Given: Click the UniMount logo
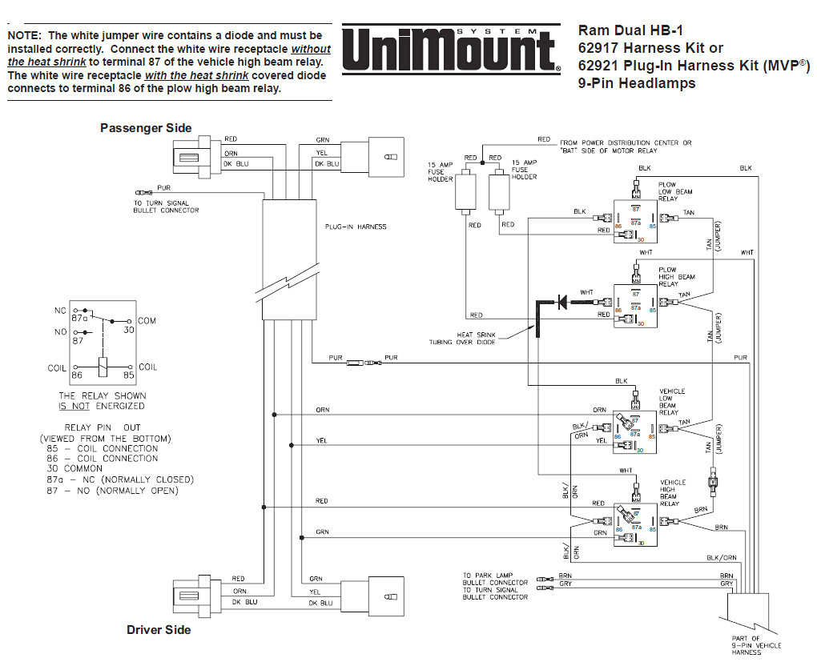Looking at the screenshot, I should click(x=451, y=50).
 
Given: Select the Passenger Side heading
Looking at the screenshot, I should click(x=146, y=128).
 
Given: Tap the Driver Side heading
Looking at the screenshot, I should click(x=159, y=630).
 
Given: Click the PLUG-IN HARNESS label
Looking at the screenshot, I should click(x=356, y=227).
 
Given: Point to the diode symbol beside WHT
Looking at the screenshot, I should click(x=562, y=301).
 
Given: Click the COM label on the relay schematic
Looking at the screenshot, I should click(x=147, y=320).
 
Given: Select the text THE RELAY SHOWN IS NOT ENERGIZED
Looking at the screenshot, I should click(x=103, y=400).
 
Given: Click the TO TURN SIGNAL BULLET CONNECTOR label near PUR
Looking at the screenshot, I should click(x=166, y=207).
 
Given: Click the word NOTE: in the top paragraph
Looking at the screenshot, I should click(x=25, y=35).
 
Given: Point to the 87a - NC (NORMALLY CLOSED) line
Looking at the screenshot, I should click(x=120, y=479).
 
